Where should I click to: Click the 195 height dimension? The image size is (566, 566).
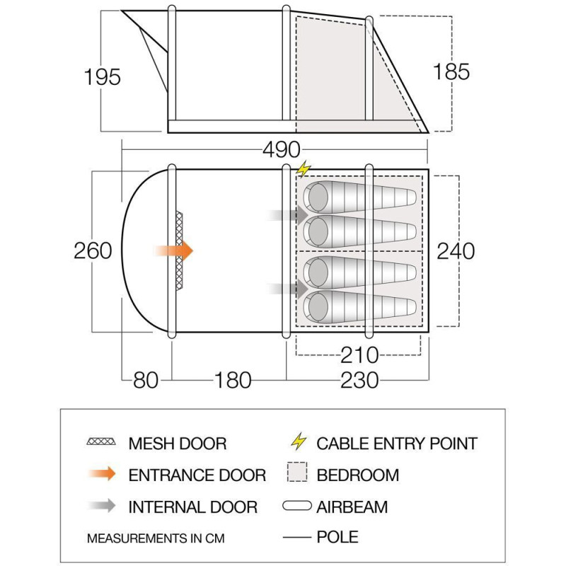click(102, 76)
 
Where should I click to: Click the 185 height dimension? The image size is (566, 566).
click(451, 71)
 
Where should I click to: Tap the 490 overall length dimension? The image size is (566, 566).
click(281, 151)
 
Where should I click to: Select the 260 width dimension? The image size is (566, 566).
click(93, 250)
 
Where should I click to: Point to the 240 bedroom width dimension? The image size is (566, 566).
click(455, 250)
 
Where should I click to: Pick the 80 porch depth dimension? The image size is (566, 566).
click(146, 380)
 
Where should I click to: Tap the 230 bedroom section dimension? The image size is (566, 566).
click(359, 380)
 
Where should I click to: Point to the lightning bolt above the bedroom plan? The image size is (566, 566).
click(304, 170)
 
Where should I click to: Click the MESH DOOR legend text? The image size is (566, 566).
click(178, 444)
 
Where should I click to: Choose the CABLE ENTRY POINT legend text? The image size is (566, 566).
click(397, 444)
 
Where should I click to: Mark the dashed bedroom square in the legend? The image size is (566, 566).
click(297, 474)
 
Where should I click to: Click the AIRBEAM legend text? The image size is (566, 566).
click(352, 507)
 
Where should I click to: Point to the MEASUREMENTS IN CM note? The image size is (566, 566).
click(156, 538)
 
